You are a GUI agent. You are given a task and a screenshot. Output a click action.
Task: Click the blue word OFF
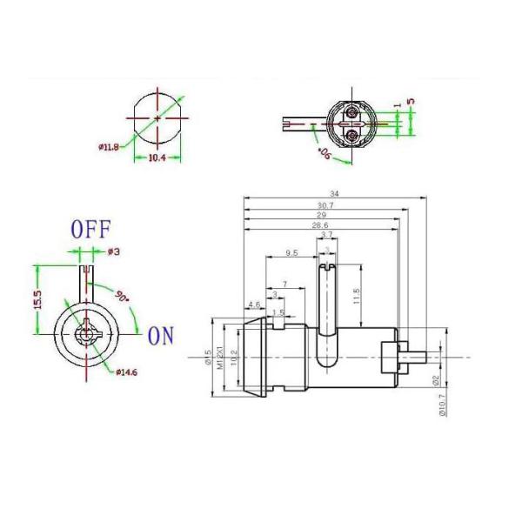coord(90,230)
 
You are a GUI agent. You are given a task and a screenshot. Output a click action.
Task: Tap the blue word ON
coord(161,335)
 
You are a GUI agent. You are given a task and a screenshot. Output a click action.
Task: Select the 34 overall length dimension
coord(334,192)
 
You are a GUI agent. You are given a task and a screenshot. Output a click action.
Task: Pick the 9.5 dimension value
coord(292,252)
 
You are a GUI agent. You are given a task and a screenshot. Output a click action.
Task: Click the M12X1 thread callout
coord(219,357)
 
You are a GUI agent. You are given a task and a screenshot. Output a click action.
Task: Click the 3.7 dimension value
coord(326,235)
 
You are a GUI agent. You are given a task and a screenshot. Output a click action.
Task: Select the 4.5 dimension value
coord(255,304)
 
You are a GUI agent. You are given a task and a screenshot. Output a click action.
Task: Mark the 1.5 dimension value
coord(278,312)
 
